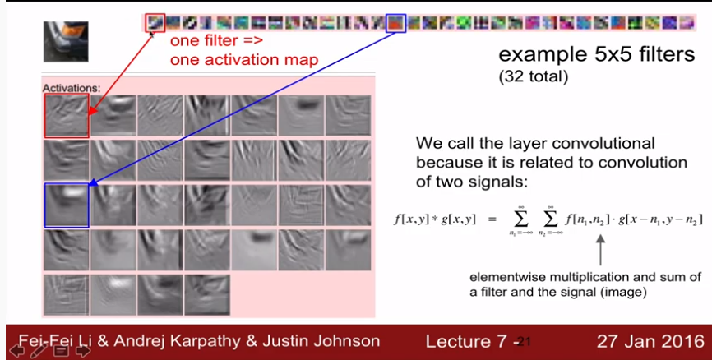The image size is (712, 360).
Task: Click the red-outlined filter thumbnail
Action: [155, 23]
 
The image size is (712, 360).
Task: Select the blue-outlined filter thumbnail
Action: [395, 23]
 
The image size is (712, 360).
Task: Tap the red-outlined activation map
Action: [67, 115]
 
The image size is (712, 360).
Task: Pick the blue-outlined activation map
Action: [67, 205]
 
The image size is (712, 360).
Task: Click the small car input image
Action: [66, 42]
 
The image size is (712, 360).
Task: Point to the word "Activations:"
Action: [72, 88]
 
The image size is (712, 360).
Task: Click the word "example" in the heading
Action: [534, 55]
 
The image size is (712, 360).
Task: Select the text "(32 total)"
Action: [533, 76]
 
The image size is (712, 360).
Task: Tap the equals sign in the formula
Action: [492, 219]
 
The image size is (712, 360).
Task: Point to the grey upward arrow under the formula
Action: [600, 250]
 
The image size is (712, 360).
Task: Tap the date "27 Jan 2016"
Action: [650, 341]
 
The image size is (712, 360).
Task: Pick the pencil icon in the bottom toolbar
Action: [39, 351]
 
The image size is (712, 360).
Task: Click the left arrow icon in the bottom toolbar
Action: [16, 351]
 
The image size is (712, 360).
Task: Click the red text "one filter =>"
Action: [216, 40]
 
